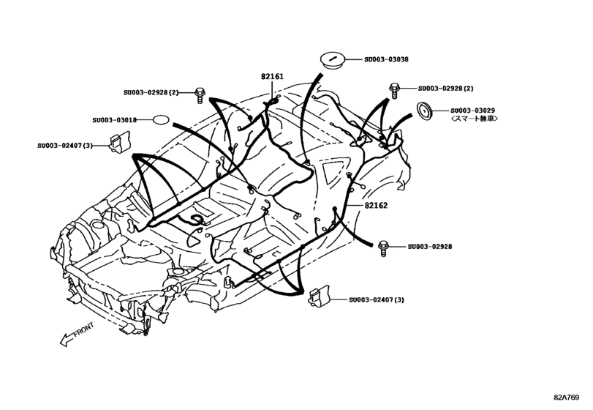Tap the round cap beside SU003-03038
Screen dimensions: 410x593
[x=332, y=59]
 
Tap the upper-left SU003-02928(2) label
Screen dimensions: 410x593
[x=151, y=92]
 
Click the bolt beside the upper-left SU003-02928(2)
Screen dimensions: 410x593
[x=200, y=93]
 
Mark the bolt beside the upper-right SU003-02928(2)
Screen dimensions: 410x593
[x=394, y=89]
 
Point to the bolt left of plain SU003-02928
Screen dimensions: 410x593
[x=382, y=247]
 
